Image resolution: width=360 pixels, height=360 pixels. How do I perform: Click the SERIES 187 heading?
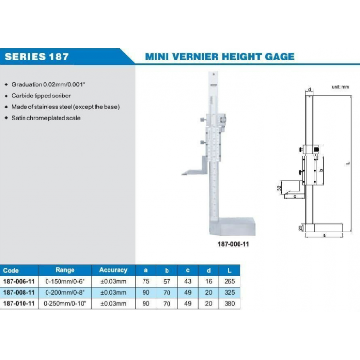(x=36, y=57)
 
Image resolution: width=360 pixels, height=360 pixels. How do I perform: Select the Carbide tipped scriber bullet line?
(x=41, y=96)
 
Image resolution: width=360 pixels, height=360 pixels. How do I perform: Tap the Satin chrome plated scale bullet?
(x=46, y=118)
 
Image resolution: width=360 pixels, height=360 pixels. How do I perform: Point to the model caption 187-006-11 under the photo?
(x=230, y=244)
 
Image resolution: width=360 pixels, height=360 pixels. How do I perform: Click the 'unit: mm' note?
(x=340, y=87)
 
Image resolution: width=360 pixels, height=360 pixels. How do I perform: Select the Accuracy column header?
(x=113, y=270)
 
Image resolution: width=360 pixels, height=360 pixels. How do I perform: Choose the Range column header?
(x=65, y=270)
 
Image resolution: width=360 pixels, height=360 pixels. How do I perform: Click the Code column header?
(x=11, y=271)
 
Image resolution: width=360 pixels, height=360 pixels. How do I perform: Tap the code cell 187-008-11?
(x=19, y=292)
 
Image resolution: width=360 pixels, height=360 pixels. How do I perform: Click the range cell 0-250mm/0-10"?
(x=65, y=304)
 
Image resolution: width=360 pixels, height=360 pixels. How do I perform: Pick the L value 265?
(x=229, y=282)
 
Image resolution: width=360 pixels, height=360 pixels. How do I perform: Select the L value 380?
(x=229, y=304)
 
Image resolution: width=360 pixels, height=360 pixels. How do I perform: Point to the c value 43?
(x=188, y=282)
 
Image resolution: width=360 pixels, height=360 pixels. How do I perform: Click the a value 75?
(x=146, y=282)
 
